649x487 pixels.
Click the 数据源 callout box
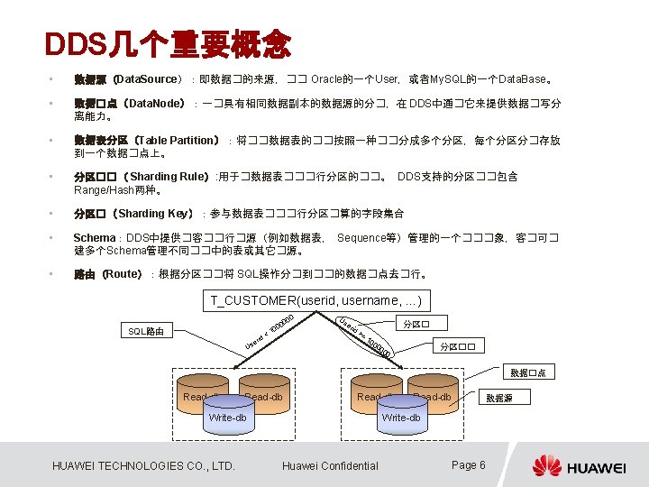(498, 398)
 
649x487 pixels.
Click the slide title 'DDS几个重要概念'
(168, 42)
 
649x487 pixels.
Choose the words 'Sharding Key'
(154, 214)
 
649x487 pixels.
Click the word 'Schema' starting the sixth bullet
(95, 237)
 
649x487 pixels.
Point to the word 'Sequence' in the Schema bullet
(361, 237)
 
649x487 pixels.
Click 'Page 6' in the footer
(468, 465)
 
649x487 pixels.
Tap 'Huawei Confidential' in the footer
(330, 465)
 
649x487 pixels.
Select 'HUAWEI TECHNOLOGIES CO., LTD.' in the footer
(144, 465)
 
